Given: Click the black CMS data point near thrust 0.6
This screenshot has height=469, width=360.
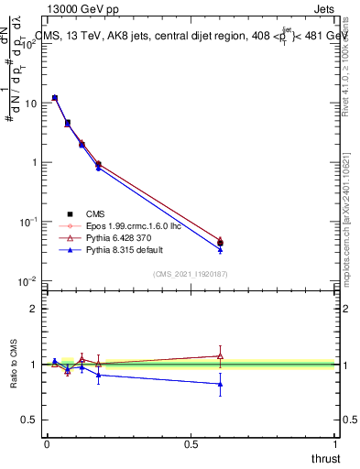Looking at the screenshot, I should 220,243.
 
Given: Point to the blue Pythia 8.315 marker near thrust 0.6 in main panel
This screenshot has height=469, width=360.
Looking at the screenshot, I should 220,249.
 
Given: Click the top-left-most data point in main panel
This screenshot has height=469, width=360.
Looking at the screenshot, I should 55,97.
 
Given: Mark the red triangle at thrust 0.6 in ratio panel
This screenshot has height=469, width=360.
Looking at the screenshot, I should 220,355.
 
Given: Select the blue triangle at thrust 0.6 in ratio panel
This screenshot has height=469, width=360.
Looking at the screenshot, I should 220,384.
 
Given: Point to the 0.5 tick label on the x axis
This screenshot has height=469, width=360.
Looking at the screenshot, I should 191,443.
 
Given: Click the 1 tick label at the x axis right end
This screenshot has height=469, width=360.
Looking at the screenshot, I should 336,443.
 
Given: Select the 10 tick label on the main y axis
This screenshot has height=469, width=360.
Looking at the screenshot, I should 30,104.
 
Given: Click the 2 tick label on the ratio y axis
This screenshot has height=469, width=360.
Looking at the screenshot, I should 34,309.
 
